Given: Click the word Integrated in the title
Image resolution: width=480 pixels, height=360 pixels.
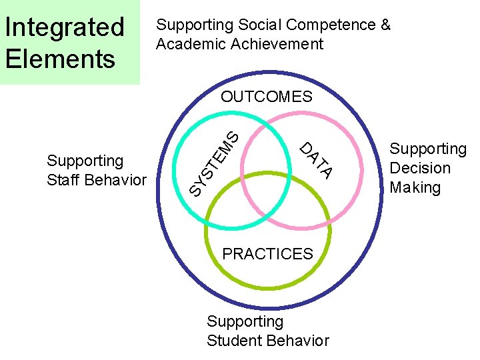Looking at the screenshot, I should point(64,27).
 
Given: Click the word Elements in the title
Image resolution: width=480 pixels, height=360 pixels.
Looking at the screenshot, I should point(60,58).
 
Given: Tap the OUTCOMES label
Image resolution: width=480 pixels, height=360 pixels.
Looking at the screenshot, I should point(266,97).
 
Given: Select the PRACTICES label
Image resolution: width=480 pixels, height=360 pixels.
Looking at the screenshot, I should point(267,254).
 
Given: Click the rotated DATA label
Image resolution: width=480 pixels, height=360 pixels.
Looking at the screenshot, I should point(315,161).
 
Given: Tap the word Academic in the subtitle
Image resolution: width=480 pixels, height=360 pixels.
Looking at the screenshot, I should point(187,44).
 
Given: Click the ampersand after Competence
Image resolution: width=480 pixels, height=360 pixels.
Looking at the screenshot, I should point(385,25).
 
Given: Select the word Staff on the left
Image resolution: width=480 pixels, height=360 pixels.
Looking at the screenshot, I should point(64,180).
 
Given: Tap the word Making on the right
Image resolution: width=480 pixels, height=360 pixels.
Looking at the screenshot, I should point(415,187).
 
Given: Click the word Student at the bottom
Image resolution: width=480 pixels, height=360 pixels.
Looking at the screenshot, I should point(233,341).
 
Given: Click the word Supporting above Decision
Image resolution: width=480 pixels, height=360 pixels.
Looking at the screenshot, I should point(428,149).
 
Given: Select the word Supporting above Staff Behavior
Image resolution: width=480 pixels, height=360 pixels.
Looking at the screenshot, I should point(85,161).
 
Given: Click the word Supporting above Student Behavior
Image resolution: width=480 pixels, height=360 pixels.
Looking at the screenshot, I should point(245,322).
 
